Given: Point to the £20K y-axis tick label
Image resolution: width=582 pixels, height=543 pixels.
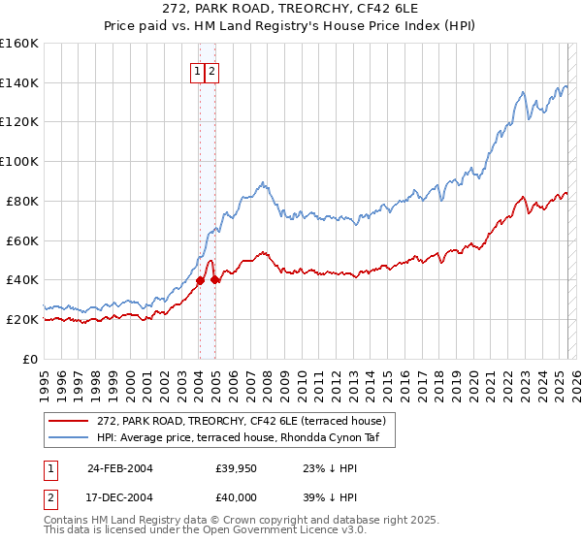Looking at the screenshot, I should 21,319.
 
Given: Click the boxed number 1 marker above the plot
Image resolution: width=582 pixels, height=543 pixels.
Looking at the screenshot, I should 197,71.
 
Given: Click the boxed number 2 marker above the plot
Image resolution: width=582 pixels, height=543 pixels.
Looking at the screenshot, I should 210,71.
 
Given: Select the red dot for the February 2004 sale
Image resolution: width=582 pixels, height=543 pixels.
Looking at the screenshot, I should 200,280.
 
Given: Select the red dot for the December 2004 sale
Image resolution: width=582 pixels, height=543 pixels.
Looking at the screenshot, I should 214,280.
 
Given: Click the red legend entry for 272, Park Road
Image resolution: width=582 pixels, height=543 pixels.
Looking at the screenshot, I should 242,421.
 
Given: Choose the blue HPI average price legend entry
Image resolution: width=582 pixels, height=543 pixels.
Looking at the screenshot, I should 242,437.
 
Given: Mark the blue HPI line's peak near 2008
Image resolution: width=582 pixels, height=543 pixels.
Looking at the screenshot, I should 262,181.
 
